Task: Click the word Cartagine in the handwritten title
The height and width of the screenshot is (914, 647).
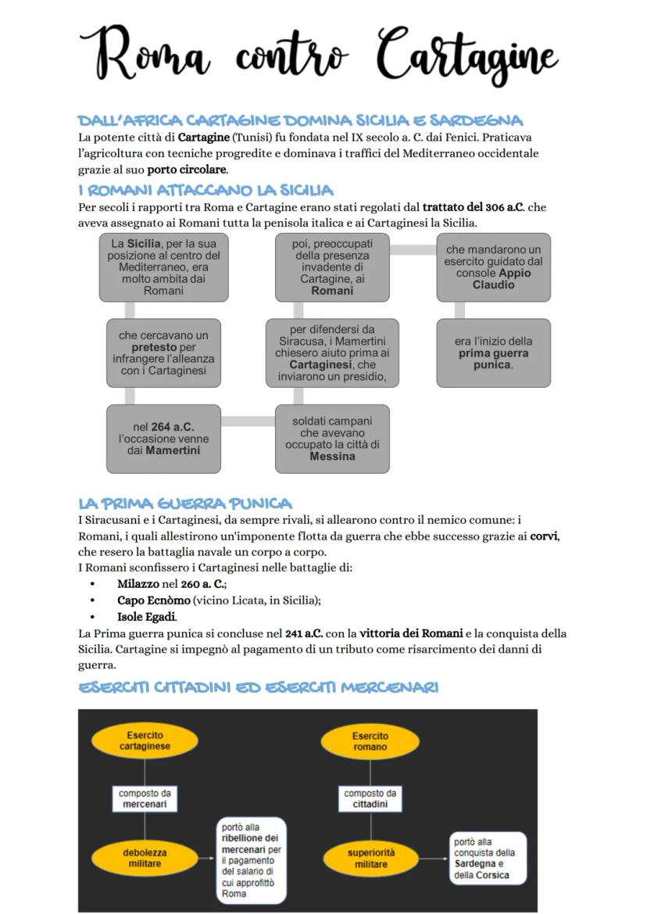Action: click(466, 55)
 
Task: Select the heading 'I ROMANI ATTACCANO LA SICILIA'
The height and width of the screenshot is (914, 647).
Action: click(206, 190)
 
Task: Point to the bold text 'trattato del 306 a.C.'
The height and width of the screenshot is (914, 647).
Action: click(473, 207)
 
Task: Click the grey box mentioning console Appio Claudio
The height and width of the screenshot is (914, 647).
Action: click(493, 267)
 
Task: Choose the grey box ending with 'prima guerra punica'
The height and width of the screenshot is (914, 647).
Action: click(493, 353)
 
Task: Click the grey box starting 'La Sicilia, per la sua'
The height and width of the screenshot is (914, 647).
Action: click(163, 267)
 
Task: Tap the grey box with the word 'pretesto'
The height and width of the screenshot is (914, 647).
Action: click(163, 353)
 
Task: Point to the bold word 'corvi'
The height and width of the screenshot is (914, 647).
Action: click(545, 536)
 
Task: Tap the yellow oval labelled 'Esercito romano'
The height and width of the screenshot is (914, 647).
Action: click(370, 741)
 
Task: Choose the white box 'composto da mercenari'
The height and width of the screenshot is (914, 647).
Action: click(145, 798)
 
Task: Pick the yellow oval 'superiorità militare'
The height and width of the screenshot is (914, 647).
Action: click(371, 858)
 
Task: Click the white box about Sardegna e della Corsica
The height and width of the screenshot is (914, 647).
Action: click(487, 858)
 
